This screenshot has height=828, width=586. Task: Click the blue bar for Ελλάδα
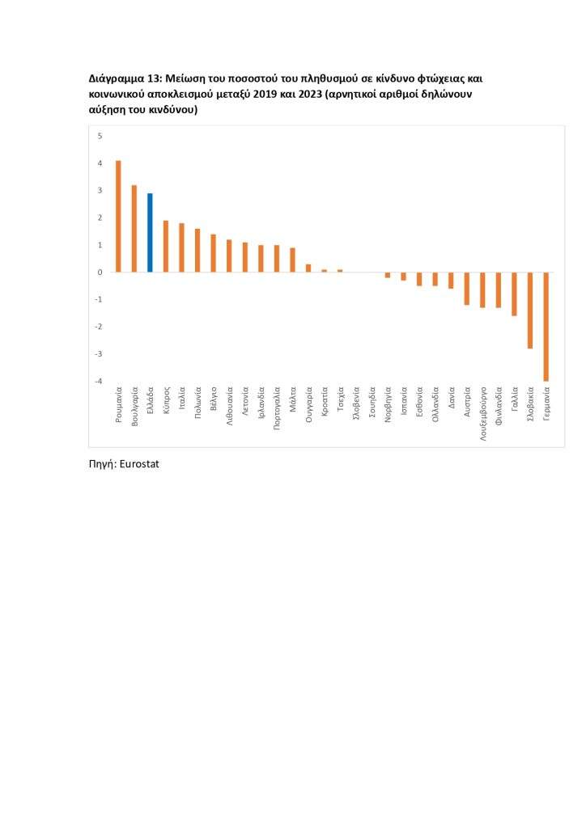point(150,233)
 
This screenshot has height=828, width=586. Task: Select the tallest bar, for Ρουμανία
point(118,217)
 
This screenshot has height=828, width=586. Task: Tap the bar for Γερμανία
point(546,326)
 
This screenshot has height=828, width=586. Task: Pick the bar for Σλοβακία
point(530,310)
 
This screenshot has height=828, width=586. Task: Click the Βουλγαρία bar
point(134,229)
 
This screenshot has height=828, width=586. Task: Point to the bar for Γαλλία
point(514,294)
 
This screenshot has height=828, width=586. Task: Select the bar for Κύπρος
point(166,247)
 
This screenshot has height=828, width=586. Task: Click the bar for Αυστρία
point(467,289)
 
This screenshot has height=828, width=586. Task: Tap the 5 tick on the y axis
point(100,136)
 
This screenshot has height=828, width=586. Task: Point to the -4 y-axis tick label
point(99,381)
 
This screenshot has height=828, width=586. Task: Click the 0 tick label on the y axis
point(100,272)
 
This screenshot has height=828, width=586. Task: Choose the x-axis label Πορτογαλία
point(277,410)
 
